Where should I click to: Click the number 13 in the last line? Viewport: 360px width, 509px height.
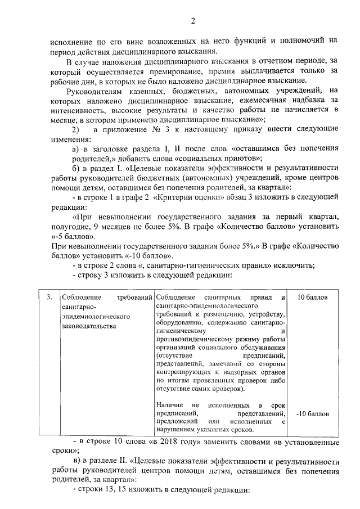(x=112, y=490)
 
